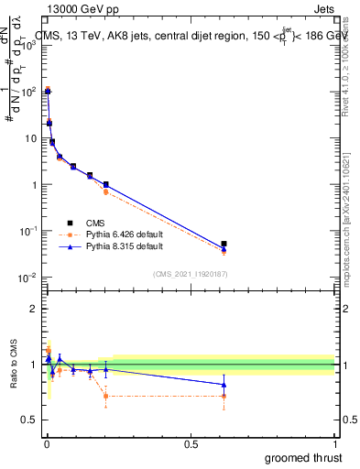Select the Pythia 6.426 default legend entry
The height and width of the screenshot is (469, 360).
coord(124,234)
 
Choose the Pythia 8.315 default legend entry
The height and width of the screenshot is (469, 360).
coord(124,246)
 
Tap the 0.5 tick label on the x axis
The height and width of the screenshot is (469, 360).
coord(190,444)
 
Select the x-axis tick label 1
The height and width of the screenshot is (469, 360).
coord(334,444)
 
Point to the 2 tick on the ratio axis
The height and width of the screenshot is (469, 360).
coord(34,309)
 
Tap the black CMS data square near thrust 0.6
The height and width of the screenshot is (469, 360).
coord(224,244)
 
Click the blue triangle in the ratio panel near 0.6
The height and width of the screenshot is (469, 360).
coord(224,385)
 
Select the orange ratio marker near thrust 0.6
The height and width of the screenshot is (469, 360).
coord(224,397)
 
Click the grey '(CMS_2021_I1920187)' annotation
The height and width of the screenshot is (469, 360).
coord(190,273)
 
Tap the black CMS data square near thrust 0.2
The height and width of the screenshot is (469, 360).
coord(106,185)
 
